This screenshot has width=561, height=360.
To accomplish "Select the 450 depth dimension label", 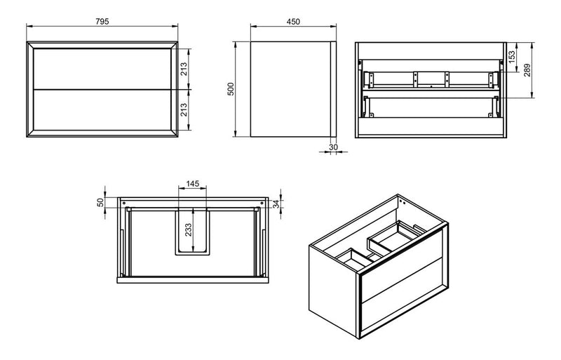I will tap(294, 21).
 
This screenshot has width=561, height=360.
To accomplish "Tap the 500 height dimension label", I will tap(230, 90).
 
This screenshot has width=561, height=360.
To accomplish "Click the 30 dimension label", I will tap(333, 148).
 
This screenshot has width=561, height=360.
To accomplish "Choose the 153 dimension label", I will tap(513, 54).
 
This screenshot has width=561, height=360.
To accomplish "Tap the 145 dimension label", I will tap(193, 184).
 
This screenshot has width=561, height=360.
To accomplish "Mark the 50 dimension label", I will tap(100, 201).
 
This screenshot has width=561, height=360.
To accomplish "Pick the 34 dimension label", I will tap(276, 204).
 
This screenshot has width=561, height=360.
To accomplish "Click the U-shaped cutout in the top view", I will tap(193, 232).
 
